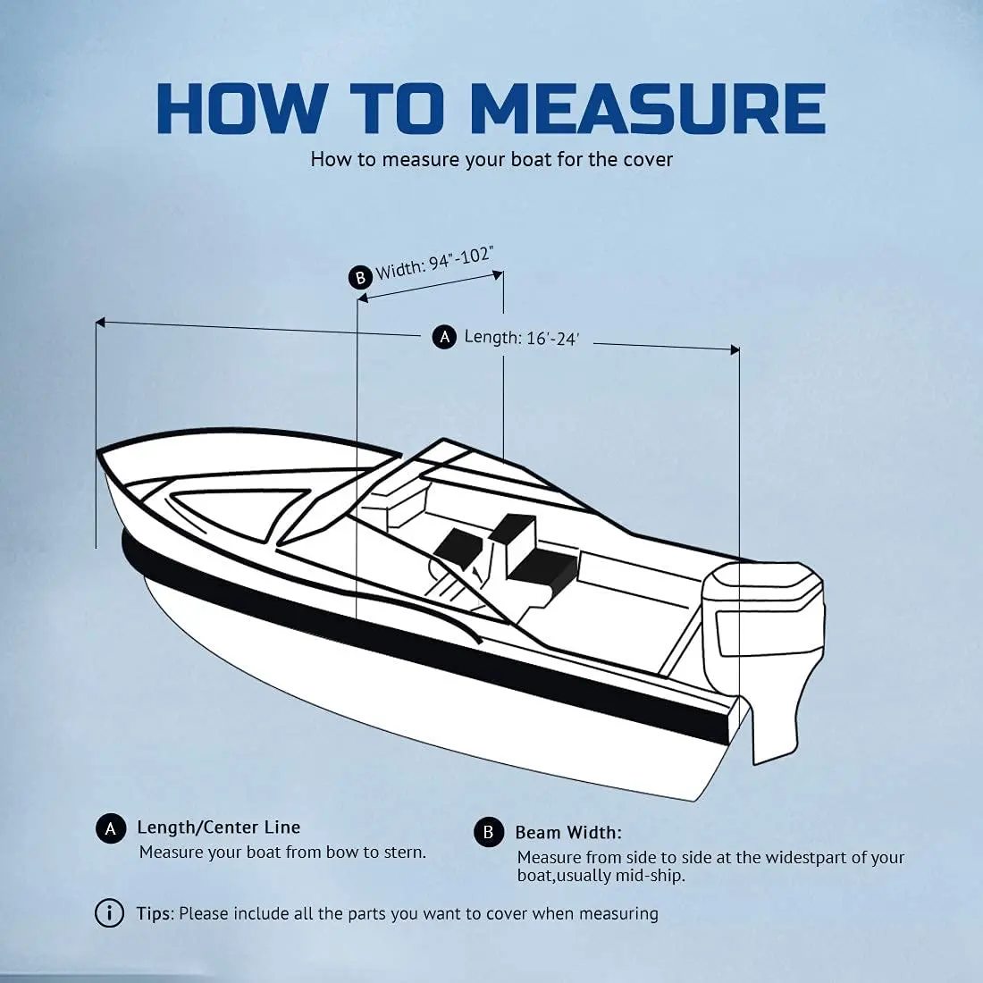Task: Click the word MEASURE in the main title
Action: (x=647, y=109)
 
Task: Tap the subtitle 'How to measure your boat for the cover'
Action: (x=491, y=160)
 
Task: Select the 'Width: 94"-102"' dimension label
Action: (x=434, y=262)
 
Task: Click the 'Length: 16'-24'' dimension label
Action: (x=521, y=338)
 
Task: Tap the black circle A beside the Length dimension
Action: (x=444, y=337)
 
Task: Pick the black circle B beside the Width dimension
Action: (x=359, y=277)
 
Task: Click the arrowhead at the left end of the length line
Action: (x=100, y=322)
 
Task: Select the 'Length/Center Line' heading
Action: (x=218, y=828)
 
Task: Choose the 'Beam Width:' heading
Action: (x=567, y=833)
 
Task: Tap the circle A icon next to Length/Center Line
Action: (x=110, y=829)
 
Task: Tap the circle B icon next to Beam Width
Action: (x=488, y=833)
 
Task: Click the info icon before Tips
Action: (x=109, y=913)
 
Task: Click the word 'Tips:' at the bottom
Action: (x=155, y=913)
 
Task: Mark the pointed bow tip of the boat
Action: (x=99, y=452)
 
